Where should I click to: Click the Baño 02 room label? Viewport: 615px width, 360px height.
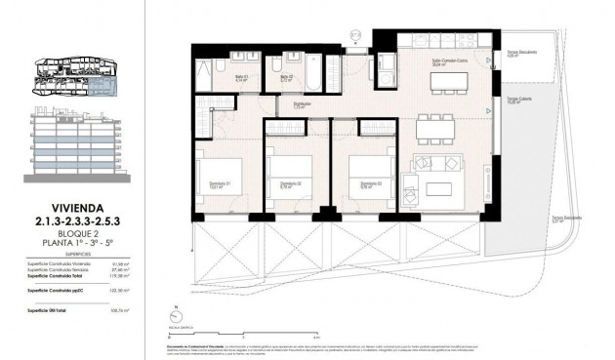point(285,77)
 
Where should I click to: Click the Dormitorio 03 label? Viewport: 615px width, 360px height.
point(369,183)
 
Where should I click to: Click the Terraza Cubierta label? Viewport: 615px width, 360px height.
point(517,100)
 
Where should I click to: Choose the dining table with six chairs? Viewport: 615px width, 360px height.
point(436,127)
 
